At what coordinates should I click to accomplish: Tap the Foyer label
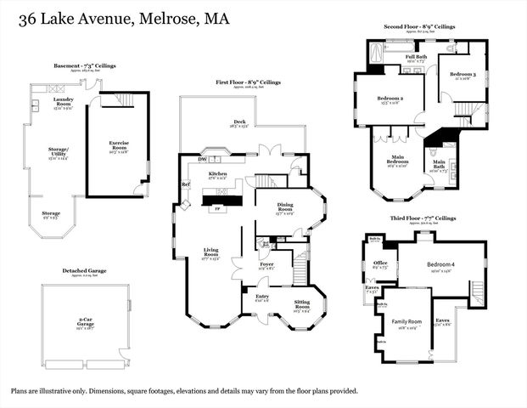point(266,265)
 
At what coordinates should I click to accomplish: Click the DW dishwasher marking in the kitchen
point(202,158)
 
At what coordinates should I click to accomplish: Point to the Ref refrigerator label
point(185,184)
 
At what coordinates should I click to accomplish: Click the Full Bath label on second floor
point(416,58)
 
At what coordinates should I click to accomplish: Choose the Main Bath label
point(440,164)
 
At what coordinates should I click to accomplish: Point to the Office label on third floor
point(380,263)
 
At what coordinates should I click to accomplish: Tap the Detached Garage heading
point(85,271)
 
